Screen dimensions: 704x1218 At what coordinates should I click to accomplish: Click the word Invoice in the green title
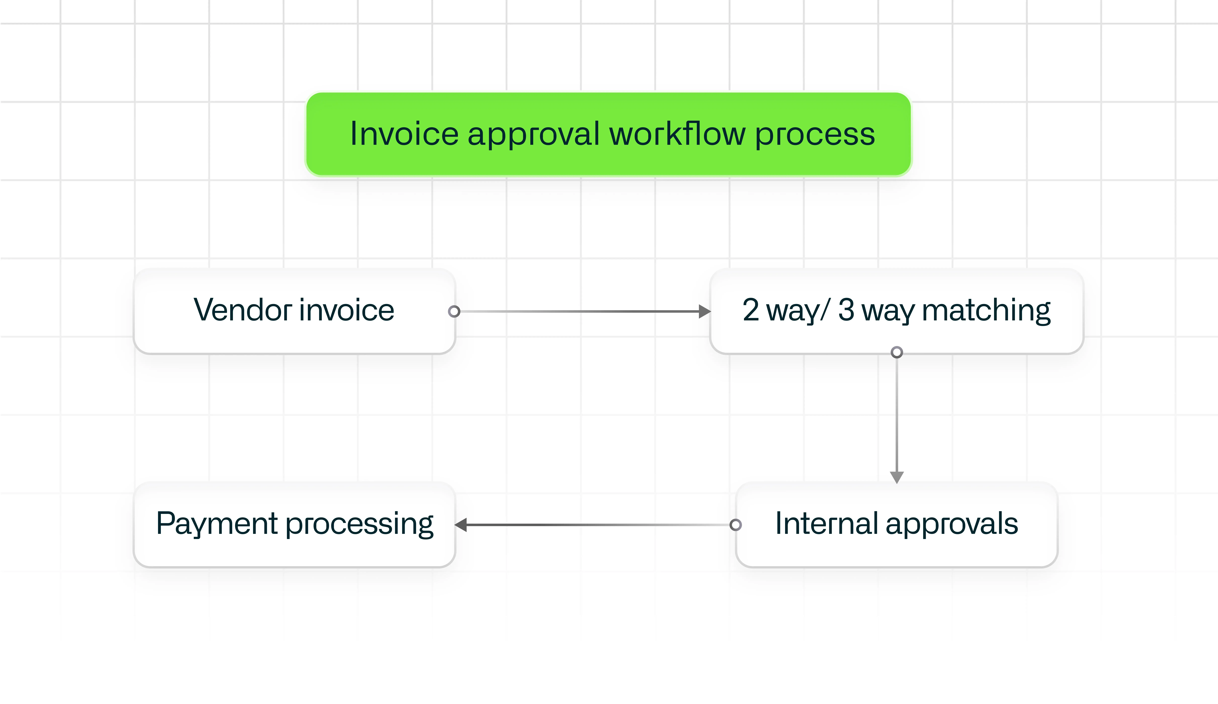pos(404,134)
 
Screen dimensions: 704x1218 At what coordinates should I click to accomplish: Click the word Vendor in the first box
pos(243,310)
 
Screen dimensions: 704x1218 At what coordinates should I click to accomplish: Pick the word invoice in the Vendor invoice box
pos(347,310)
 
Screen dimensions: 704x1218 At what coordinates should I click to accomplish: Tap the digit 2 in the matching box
pos(751,310)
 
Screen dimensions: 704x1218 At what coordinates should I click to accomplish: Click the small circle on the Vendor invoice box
pos(454,311)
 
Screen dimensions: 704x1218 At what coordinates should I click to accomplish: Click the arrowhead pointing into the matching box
pos(705,311)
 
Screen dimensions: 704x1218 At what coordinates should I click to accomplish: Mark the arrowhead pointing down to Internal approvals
pos(897,477)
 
